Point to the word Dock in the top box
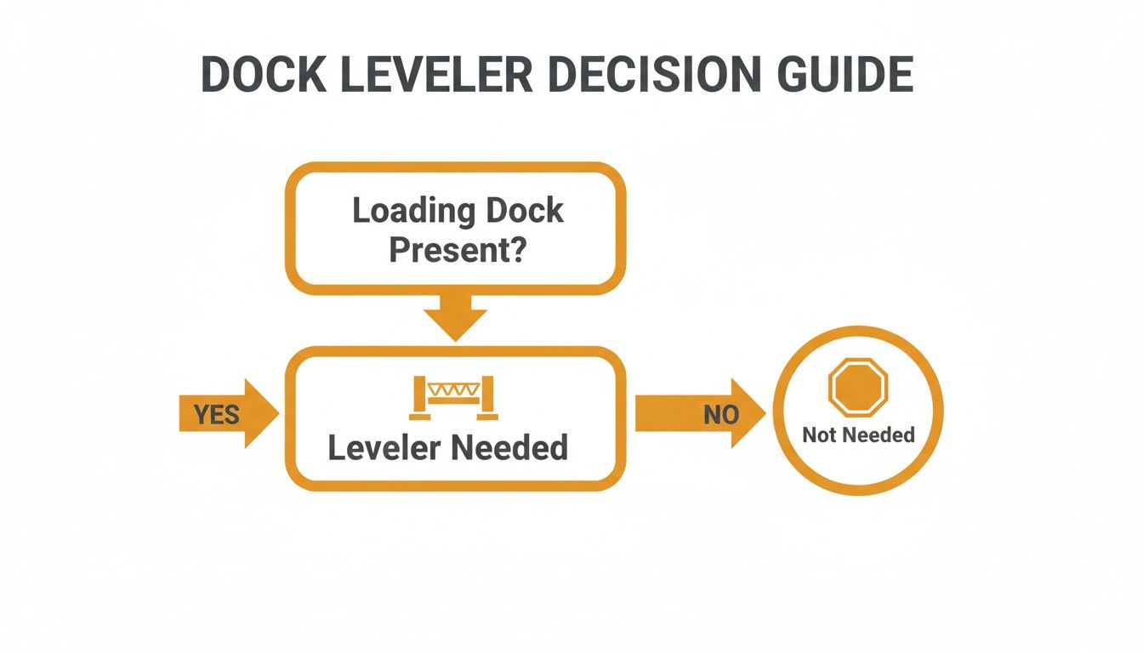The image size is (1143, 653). click(523, 210)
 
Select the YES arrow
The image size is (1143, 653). click(228, 414)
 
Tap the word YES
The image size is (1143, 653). click(216, 415)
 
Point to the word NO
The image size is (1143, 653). click(721, 415)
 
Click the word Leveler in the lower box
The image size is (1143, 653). click(383, 448)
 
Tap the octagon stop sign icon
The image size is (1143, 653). click(858, 388)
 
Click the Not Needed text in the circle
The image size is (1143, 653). click(858, 435)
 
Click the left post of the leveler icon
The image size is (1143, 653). click(419, 398)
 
